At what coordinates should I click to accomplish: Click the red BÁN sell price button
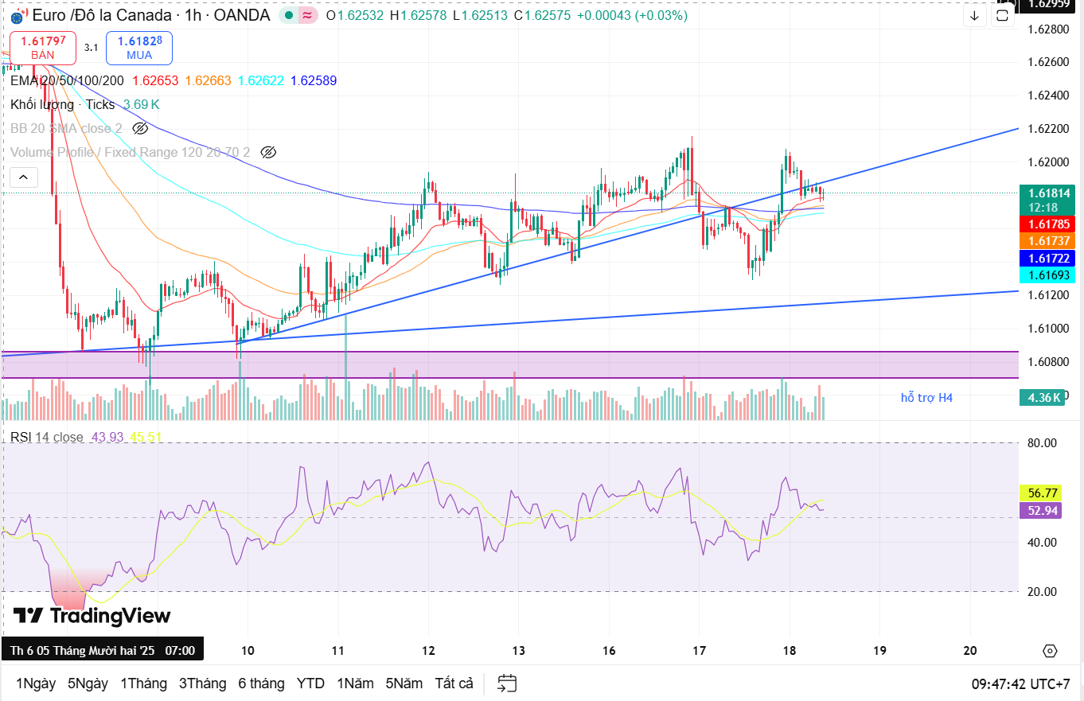43,47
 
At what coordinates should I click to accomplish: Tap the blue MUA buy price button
139,47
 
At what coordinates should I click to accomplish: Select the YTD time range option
310,683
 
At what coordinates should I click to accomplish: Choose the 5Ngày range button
88,683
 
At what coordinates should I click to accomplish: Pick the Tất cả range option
454,683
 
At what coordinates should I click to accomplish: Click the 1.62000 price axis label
1047,162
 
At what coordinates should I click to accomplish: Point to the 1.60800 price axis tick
1047,361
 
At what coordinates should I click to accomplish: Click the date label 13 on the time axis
518,650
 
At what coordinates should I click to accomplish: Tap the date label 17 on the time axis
699,650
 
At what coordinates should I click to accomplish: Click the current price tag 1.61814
1047,193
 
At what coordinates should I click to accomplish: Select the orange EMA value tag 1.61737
1047,240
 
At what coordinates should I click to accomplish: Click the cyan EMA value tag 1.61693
1047,275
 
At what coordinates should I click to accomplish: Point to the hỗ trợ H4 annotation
926,397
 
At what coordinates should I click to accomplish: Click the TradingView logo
92,616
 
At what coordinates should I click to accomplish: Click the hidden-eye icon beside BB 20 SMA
140,128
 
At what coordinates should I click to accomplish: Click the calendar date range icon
507,683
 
